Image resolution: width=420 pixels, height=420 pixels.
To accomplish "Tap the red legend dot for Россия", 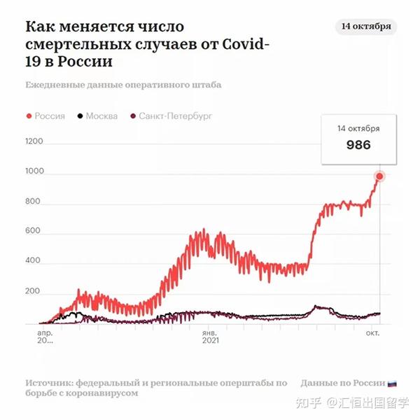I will tap(29, 116).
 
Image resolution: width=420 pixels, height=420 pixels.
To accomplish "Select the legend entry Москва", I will tap(101, 116).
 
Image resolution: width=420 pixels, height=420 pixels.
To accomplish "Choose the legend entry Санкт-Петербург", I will tap(175, 116).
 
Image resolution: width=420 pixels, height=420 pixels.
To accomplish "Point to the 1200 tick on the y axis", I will tap(34, 141).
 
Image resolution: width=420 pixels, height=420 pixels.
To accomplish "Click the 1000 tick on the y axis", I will tap(34, 171).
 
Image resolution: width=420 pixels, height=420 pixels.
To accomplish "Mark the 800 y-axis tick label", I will tap(34, 202).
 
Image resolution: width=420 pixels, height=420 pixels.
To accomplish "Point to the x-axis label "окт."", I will tap(372, 333).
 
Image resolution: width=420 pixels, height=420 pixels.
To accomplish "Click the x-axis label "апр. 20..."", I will tap(45, 337).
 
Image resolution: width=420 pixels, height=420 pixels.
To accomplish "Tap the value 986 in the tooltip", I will tap(358, 146).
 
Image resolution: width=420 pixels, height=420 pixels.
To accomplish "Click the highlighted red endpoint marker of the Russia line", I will tap(380, 176).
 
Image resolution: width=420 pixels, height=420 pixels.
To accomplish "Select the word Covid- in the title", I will tap(242, 45).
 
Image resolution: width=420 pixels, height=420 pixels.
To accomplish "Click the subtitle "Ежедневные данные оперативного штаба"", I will tap(123, 85).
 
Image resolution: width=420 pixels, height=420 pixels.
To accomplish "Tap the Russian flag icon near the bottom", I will tap(392, 383).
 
